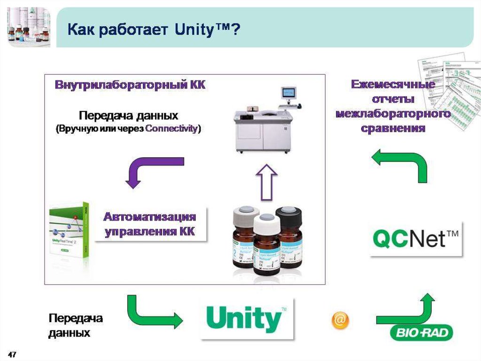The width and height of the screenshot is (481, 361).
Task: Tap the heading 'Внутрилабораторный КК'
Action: click(130, 86)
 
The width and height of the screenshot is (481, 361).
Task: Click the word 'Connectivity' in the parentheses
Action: click(171, 128)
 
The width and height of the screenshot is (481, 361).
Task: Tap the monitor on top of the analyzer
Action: click(288, 93)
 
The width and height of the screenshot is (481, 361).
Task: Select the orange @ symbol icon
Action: click(340, 320)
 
